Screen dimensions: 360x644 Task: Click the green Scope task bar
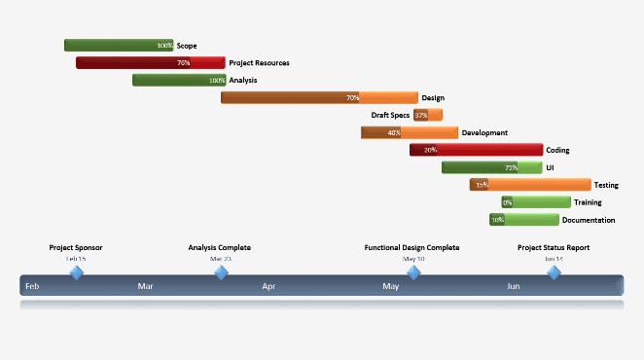[x=117, y=45]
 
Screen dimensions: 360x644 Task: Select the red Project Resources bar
[x=146, y=62]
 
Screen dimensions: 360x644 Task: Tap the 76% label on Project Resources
[x=183, y=62]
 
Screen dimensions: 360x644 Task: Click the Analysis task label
[x=243, y=80]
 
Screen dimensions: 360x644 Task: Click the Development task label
[x=484, y=132]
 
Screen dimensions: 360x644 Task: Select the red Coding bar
[x=476, y=150]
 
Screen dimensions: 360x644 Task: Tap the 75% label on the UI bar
[x=511, y=167]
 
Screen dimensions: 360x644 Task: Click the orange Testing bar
[x=530, y=185]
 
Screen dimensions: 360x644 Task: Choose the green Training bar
[x=536, y=202]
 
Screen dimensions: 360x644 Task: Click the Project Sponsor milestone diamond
[x=76, y=273]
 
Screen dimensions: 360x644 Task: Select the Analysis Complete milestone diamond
[x=222, y=273]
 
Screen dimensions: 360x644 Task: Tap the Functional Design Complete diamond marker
[x=413, y=273]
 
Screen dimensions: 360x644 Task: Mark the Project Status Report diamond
[x=554, y=273]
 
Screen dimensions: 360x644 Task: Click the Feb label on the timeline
[x=32, y=287]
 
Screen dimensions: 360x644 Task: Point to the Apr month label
[x=268, y=287]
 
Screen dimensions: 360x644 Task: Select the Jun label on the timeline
[x=512, y=287]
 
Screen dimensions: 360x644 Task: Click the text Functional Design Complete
[x=411, y=248]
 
